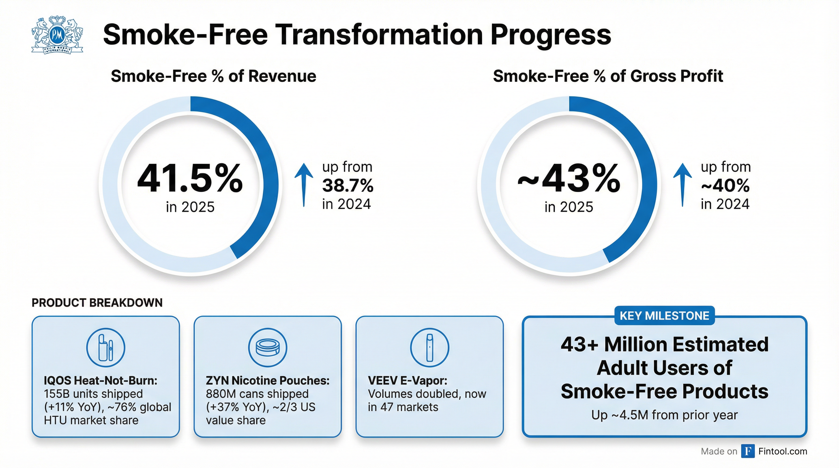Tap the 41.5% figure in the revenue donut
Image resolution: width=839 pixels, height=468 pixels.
[x=190, y=179]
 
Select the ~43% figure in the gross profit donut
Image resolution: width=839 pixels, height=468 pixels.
[x=569, y=179]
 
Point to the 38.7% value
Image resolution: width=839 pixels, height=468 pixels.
[x=348, y=186]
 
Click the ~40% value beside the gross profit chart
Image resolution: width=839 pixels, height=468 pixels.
[x=725, y=186]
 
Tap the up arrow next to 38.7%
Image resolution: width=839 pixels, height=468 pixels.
[x=304, y=184]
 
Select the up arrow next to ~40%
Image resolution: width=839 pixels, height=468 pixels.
[x=682, y=184]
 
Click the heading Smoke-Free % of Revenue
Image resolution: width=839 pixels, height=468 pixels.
[x=213, y=76]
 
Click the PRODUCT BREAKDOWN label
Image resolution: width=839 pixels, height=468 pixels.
[x=97, y=303]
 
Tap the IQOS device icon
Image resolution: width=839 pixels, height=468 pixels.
[x=105, y=348]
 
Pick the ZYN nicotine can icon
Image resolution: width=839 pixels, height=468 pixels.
[x=268, y=348]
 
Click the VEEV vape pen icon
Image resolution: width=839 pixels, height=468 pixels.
[x=430, y=348]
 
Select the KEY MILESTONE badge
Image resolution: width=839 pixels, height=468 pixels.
[x=664, y=316]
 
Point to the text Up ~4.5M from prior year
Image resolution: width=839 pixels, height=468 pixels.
[x=664, y=415]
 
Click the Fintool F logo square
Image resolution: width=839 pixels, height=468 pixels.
[x=748, y=451]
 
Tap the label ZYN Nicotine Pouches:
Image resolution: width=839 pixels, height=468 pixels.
[x=267, y=381]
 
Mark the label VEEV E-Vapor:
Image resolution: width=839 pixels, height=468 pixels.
[x=407, y=381]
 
